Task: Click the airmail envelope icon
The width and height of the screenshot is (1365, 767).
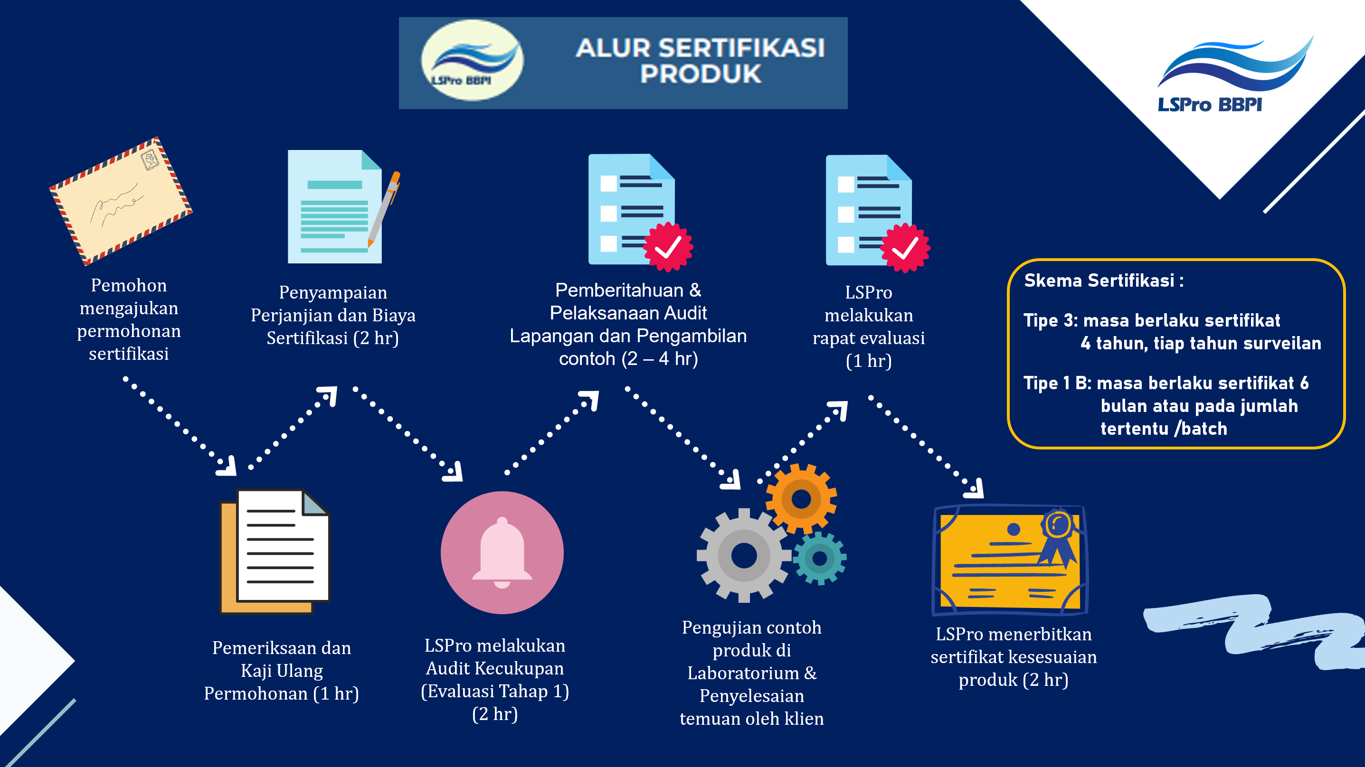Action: (x=121, y=201)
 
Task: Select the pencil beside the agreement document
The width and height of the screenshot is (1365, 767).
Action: (x=384, y=209)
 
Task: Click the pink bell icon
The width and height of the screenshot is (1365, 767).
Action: (x=502, y=552)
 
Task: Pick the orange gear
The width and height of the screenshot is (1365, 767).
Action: (x=801, y=499)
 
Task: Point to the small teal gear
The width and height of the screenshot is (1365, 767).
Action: (x=820, y=558)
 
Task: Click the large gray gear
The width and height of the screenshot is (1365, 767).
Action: (x=744, y=556)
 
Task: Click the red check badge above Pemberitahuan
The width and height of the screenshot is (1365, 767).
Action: (x=668, y=247)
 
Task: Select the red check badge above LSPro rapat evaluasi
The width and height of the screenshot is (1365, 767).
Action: (x=905, y=248)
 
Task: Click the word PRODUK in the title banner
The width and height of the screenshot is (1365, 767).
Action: (x=701, y=74)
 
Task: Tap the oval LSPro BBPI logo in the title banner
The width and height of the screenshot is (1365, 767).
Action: (x=472, y=60)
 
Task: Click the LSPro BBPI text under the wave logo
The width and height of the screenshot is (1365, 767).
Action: (x=1210, y=104)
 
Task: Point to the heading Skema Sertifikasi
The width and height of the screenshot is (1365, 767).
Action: (x=1104, y=280)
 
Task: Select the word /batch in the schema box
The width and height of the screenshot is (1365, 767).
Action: (x=1200, y=428)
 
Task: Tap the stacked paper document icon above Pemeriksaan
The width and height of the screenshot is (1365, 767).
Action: (x=275, y=551)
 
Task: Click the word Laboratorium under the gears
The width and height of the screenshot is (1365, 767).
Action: (x=743, y=673)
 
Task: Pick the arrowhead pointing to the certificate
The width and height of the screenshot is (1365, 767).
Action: (x=975, y=488)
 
